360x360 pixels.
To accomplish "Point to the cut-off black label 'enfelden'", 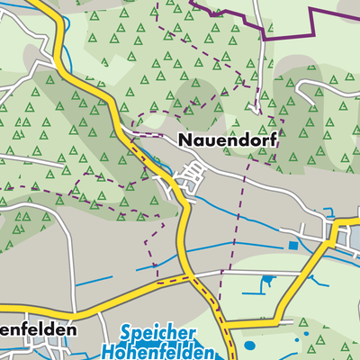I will click(37, 330).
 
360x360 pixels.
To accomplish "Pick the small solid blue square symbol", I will click(292, 244).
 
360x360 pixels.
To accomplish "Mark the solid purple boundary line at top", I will click(270, 27).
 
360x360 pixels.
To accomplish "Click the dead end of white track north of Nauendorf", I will click(257, 110).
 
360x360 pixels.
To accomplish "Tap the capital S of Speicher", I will click(125, 333).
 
